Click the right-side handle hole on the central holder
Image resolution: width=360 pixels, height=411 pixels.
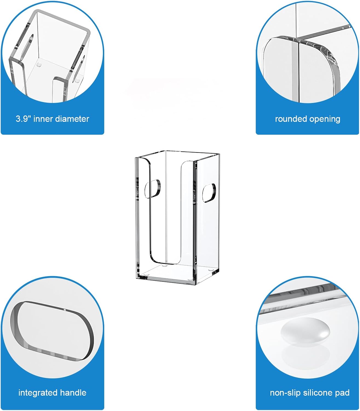pos(209,193)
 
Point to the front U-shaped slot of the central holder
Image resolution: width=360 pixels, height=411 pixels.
pos(150,213)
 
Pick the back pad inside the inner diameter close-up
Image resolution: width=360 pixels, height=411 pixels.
pos(39,65)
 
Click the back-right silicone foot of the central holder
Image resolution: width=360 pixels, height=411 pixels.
pos(211,270)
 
